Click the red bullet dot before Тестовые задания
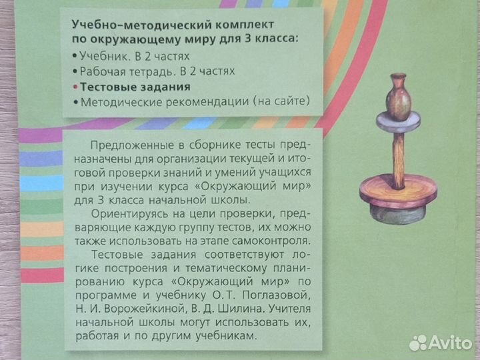click(74, 87)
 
